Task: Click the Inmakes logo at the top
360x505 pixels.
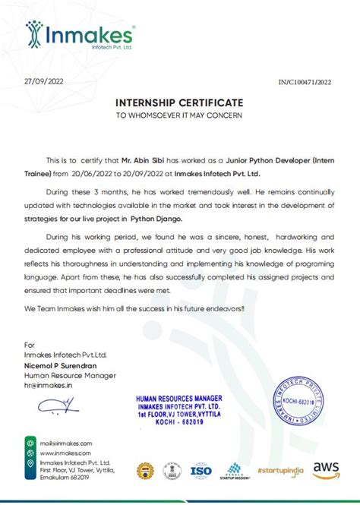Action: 80,36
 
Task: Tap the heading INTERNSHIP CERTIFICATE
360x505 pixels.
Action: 179,102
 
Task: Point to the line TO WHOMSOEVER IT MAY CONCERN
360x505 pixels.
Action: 179,115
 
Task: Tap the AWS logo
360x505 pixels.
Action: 325,469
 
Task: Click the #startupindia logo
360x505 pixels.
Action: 279,470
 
